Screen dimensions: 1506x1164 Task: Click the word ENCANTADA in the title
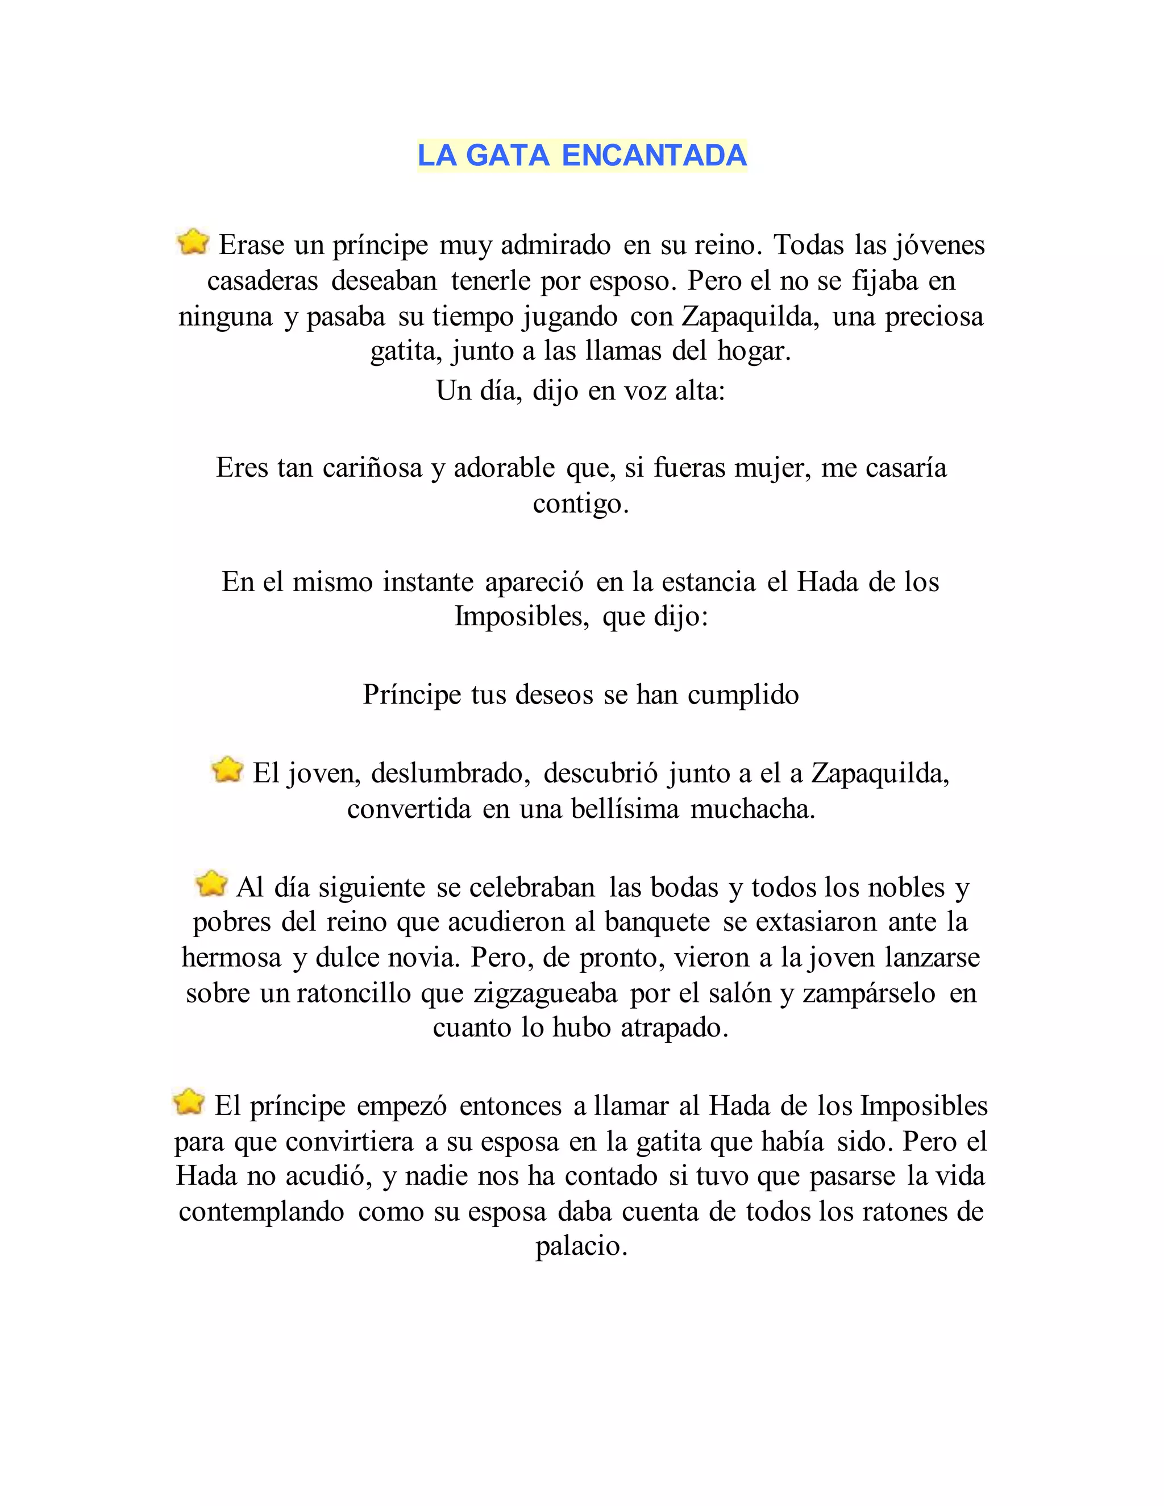point(654,155)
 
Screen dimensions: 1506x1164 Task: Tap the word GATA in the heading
point(508,155)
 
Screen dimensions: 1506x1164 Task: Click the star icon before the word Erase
point(193,242)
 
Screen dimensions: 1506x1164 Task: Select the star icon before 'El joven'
point(227,770)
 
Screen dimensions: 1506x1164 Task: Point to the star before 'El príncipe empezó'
point(188,1102)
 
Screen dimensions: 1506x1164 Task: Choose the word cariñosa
point(372,468)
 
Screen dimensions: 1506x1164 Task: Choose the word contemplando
point(261,1212)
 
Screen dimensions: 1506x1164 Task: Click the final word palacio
point(581,1246)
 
